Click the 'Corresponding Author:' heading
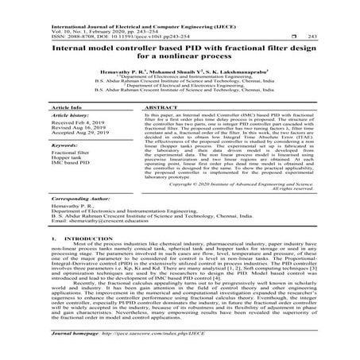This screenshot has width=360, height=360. (x=81, y=195)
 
